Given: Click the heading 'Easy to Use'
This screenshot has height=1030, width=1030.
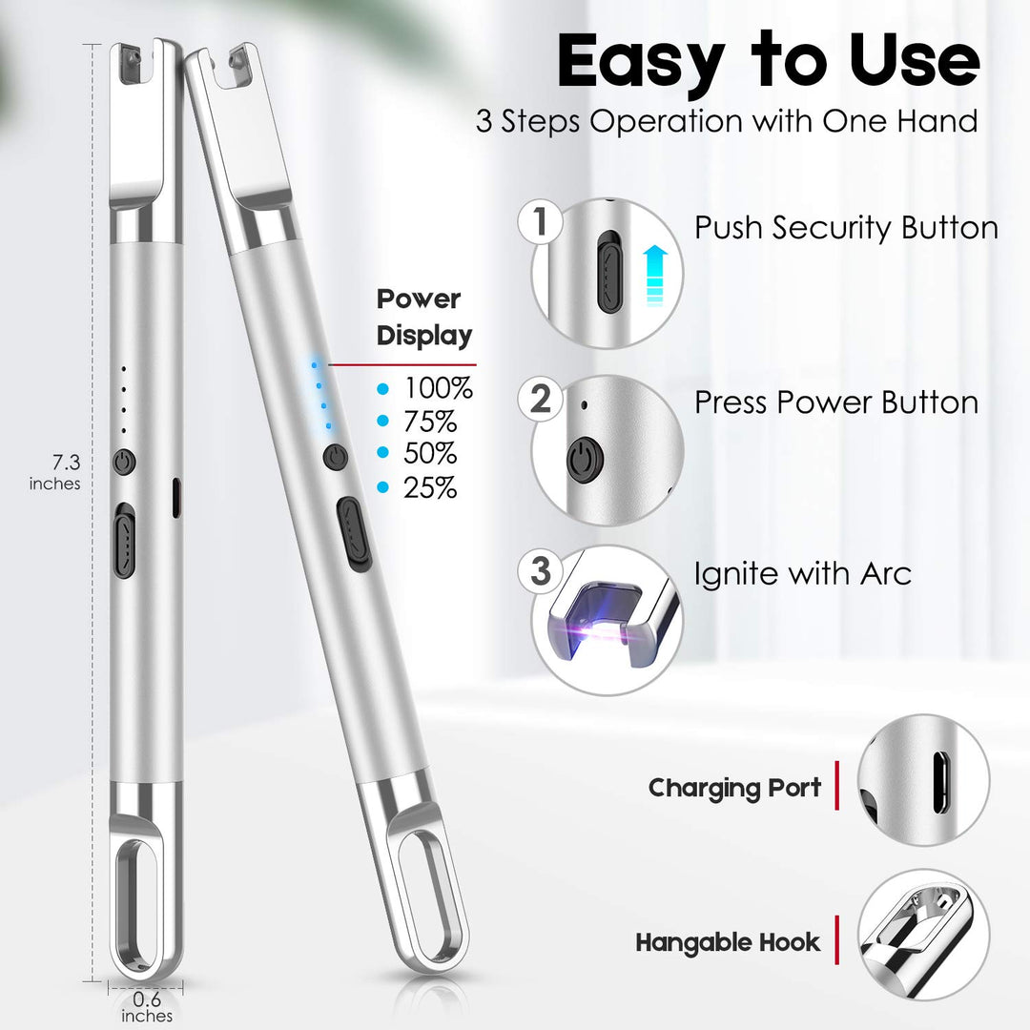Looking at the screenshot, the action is pos(769,62).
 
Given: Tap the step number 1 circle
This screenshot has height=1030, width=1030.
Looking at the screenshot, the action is pos(540,222).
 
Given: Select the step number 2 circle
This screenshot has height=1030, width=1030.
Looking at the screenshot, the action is pos(540,399).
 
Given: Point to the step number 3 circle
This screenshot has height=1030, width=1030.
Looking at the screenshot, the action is pos(540,571).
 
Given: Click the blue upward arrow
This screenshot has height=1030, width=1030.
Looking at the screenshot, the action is pos(655,276).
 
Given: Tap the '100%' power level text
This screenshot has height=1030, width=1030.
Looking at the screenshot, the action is pos(438,388).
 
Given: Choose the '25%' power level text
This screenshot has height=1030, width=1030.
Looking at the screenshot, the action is pos(430,487).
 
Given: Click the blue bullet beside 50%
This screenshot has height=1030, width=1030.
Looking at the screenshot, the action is pos(383,453).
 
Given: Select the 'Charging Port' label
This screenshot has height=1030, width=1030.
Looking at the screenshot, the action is pos(734,789).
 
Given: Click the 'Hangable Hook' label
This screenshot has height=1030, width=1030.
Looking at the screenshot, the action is pos(728,942).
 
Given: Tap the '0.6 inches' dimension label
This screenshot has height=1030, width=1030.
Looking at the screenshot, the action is pos(147,1007).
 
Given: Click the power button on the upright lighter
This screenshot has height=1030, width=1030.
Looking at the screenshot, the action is pos(123,463).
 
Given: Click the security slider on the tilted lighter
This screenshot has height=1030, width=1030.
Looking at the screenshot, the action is pos(354,533).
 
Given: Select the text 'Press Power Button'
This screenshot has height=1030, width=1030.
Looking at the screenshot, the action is pos(836,402).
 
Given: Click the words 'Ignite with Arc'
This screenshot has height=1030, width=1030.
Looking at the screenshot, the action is pos(803,574).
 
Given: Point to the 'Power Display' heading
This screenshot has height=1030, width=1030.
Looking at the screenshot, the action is pos(424,318).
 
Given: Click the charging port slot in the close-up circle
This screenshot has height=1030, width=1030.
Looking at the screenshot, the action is pos(940,782).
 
